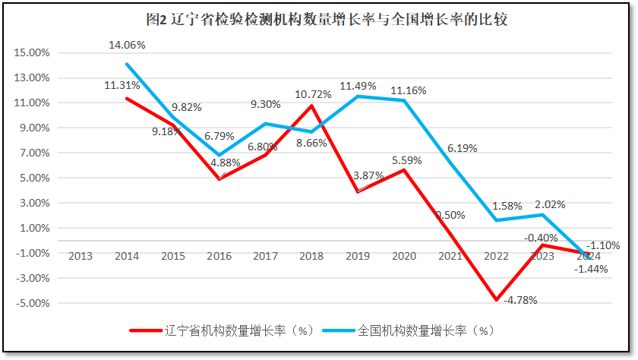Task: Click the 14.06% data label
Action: click(127, 46)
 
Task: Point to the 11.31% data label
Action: click(122, 85)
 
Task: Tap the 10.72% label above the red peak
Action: click(314, 94)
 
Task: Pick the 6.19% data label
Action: click(463, 149)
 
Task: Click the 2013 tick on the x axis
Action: click(80, 256)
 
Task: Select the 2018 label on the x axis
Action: click(312, 256)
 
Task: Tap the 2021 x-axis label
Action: click(450, 256)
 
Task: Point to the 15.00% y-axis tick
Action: click(32, 53)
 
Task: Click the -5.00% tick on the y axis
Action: click(32, 303)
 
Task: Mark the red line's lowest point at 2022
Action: click(497, 300)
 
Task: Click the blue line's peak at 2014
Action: click(126, 65)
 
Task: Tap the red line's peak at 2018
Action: click(312, 106)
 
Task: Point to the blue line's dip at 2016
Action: click(219, 155)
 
